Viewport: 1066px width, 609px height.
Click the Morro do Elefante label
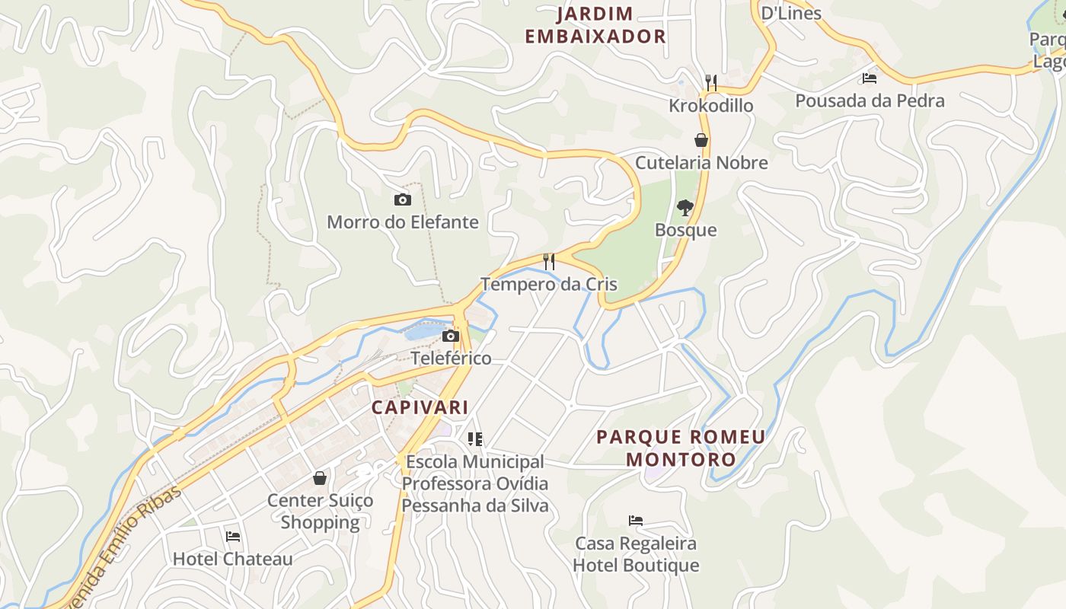click(x=403, y=222)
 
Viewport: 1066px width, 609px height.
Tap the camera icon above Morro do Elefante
click(x=403, y=199)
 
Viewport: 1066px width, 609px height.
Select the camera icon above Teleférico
click(x=451, y=336)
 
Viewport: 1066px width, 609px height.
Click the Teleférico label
click(x=451, y=358)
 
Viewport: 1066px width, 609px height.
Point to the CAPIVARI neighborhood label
click(x=420, y=407)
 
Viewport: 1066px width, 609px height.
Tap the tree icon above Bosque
click(x=686, y=207)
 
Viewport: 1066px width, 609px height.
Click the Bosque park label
click(x=686, y=230)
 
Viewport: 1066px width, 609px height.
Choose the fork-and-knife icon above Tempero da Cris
click(x=548, y=262)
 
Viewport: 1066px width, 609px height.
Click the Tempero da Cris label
click(x=548, y=285)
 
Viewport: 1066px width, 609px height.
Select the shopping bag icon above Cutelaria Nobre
click(x=701, y=140)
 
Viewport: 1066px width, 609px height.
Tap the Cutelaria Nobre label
click(x=701, y=162)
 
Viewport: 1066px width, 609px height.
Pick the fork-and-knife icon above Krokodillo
click(x=711, y=82)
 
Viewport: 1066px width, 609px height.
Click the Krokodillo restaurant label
click(x=711, y=105)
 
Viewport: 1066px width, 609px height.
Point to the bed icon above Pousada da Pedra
click(x=870, y=78)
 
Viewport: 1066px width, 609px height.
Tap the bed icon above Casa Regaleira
click(x=636, y=521)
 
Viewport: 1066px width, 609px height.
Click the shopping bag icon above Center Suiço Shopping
click(x=320, y=478)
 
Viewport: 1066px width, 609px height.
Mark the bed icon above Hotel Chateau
click(x=233, y=537)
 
